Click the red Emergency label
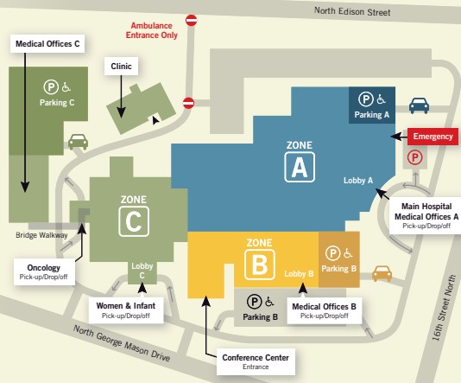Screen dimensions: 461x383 tap(433, 137)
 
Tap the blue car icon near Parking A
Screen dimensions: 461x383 tap(419, 105)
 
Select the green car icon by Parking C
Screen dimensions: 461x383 tap(78, 142)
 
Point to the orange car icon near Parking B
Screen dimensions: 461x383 tap(382, 273)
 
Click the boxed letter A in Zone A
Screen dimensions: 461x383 tap(300, 167)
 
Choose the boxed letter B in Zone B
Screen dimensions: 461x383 tap(260, 265)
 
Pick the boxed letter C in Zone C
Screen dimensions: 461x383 tap(134, 221)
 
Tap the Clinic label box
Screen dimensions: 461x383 tap(121, 67)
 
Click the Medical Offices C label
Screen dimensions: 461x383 tap(47, 44)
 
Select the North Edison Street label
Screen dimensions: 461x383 tap(352, 11)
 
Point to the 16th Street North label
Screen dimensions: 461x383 tap(444, 308)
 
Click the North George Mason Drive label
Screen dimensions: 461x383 tap(122, 343)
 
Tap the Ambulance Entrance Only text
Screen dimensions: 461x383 tap(152, 30)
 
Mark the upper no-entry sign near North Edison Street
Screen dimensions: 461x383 tap(192, 20)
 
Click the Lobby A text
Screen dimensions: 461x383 tap(358, 180)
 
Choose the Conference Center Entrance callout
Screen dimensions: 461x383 tap(256, 361)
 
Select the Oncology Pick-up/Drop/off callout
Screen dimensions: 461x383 tap(44, 271)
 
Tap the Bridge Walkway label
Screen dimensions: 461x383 tap(41, 235)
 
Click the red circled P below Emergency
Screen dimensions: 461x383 tap(415, 157)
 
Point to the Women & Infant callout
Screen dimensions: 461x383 tap(126, 310)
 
